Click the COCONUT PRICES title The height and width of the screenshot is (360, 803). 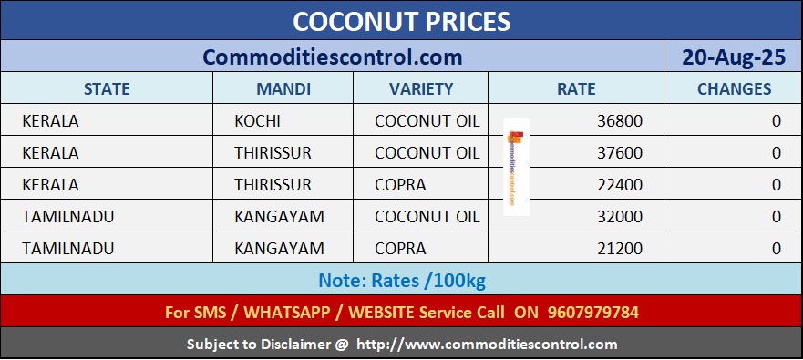tap(401, 22)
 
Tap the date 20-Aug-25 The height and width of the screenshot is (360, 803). tap(734, 57)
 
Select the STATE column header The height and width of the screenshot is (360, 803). tap(107, 88)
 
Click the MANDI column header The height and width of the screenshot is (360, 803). tap(283, 88)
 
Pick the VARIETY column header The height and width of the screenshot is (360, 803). tap(421, 88)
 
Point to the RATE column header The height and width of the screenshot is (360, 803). tap(576, 88)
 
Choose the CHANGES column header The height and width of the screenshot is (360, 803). tap(734, 88)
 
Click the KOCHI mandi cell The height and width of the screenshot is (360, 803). tap(257, 121)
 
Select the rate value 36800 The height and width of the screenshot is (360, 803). tap(620, 121)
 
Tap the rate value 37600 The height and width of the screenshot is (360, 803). tap(620, 152)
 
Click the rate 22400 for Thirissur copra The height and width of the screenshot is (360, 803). tap(620, 184)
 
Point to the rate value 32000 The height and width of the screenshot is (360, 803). tap(620, 217)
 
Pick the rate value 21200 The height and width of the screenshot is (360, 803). tap(620, 249)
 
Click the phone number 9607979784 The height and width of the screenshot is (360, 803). tap(593, 312)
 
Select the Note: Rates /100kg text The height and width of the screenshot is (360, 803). tap(401, 280)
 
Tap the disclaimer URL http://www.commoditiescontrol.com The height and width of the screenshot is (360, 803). tap(487, 344)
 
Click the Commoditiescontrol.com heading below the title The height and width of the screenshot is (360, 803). tap(333, 57)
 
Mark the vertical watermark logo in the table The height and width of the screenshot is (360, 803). tap(516, 168)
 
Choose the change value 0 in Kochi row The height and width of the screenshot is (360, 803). tap(777, 121)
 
